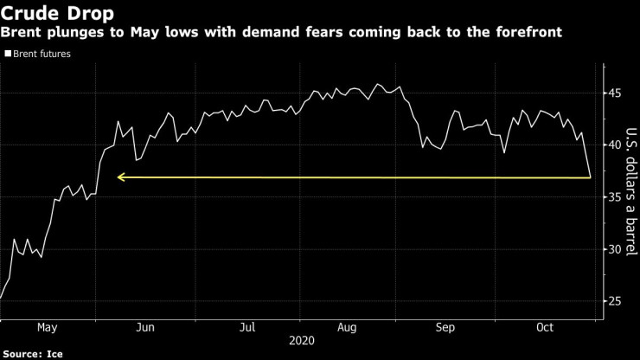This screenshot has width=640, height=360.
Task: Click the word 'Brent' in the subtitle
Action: click(23, 32)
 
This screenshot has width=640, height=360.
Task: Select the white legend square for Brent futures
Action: click(8, 54)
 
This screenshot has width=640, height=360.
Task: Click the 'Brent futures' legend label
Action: click(42, 54)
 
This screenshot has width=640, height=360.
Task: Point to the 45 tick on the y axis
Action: click(613, 93)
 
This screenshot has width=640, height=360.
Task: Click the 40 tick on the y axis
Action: click(613, 145)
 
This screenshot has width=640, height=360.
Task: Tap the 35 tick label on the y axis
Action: click(613, 197)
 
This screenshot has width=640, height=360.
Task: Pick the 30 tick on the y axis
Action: click(613, 249)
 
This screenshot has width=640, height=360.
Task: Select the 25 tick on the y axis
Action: click(613, 301)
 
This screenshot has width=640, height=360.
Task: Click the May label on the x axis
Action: click(48, 327)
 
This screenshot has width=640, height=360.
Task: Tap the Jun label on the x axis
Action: click(146, 327)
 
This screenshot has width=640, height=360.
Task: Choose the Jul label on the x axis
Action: click(247, 327)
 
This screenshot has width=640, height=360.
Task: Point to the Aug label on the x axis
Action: click(346, 327)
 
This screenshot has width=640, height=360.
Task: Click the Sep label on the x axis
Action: click(445, 327)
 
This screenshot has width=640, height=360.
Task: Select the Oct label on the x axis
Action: click(545, 327)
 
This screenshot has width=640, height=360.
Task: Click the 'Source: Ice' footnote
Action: click(33, 354)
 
